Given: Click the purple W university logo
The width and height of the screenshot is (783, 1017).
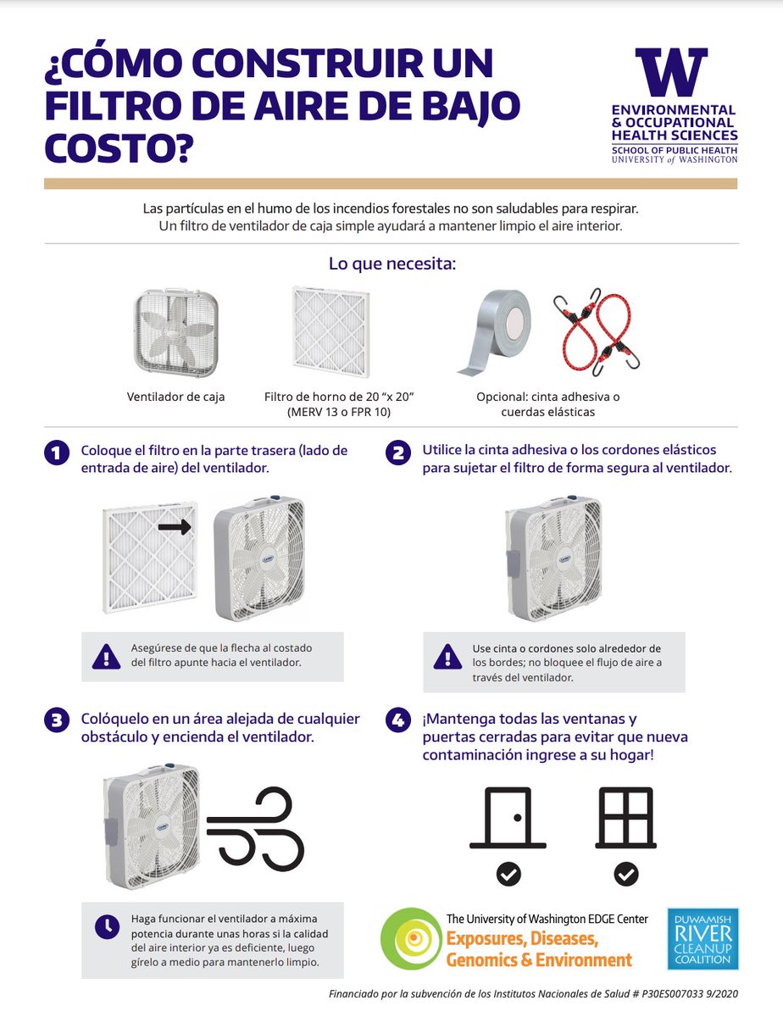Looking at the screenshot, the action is pyautogui.click(x=671, y=71).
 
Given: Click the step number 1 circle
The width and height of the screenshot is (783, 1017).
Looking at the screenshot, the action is pyautogui.click(x=57, y=453).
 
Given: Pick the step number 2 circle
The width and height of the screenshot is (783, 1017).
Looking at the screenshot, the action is pyautogui.click(x=398, y=453).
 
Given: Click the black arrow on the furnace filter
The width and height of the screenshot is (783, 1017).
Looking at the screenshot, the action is pyautogui.click(x=175, y=527).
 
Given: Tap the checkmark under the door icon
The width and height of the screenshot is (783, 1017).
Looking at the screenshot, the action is pyautogui.click(x=509, y=875).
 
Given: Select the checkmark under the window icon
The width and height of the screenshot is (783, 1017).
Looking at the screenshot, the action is pyautogui.click(x=626, y=875).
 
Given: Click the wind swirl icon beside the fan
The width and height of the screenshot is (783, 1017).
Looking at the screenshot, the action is pyautogui.click(x=255, y=826).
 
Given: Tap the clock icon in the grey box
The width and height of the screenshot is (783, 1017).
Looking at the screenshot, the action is pyautogui.click(x=107, y=926).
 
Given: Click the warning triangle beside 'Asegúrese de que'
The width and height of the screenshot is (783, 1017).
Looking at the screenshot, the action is pyautogui.click(x=106, y=656).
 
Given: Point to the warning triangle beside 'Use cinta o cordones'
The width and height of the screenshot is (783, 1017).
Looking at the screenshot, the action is pyautogui.click(x=447, y=656).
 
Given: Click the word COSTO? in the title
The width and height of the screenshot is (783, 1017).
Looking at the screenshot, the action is pyautogui.click(x=119, y=148).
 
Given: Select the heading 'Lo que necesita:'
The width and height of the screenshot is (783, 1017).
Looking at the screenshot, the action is pyautogui.click(x=392, y=264).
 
